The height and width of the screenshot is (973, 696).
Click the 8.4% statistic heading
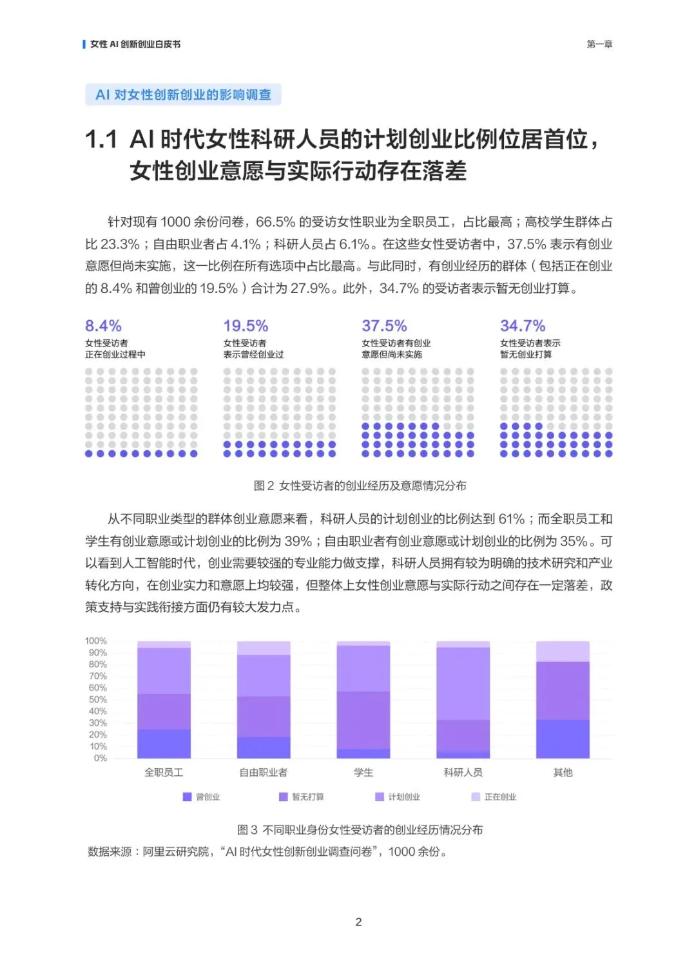[x=103, y=326]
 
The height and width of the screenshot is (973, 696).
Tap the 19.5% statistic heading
[x=246, y=326]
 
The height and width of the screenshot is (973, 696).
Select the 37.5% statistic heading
[x=384, y=326]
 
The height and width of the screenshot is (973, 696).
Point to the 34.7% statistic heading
[x=523, y=326]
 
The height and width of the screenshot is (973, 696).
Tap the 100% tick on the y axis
[x=96, y=641]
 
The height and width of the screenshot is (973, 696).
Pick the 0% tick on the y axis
[x=101, y=758]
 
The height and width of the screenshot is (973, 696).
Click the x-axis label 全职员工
[x=164, y=772]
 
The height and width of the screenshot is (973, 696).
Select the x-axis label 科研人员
[x=463, y=772]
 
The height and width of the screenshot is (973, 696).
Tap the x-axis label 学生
[x=363, y=772]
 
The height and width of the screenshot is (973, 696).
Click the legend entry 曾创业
[x=202, y=797]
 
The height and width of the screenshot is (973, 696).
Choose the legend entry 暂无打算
[x=302, y=797]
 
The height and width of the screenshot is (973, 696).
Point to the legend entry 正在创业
[x=494, y=797]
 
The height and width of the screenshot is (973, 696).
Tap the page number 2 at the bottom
[x=358, y=922]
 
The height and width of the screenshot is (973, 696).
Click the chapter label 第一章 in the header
[x=599, y=44]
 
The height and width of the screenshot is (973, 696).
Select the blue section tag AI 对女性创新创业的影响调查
[x=183, y=95]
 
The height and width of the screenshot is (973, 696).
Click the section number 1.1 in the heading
[x=101, y=139]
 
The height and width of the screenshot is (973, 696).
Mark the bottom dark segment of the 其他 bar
[x=563, y=739]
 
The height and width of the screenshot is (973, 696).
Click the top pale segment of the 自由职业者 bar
[x=264, y=648]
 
